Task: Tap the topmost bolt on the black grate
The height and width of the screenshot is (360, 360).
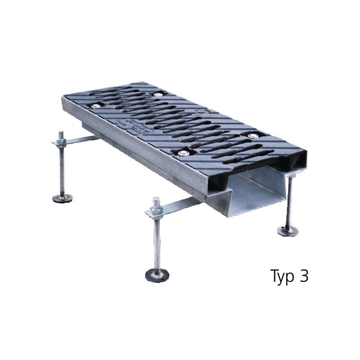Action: [158, 94]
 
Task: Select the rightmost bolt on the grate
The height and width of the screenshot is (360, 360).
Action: [253, 135]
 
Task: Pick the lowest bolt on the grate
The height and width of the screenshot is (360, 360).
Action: [182, 153]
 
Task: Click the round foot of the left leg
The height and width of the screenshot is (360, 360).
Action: [62, 198]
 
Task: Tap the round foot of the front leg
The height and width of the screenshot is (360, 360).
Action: [157, 275]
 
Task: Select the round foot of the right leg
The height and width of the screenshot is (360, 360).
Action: [287, 230]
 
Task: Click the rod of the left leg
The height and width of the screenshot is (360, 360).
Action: [62, 171]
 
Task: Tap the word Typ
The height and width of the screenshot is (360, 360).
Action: [282, 277]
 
